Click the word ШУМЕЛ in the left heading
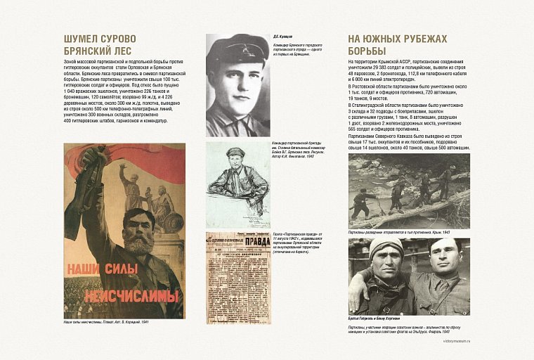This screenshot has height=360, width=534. [80, 39]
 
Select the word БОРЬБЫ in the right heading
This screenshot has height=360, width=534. [367, 51]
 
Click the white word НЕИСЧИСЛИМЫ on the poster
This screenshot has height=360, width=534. [131, 295]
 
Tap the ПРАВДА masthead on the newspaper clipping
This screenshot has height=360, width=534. [246, 247]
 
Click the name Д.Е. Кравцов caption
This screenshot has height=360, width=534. [283, 36]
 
